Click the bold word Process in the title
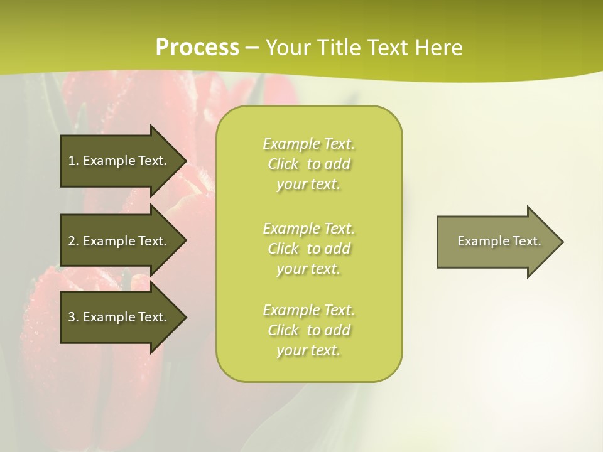tap(197, 48)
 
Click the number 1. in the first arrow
tap(73, 161)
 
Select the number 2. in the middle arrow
tap(73, 241)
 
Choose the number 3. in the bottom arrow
tap(73, 317)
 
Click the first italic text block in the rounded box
tap(308, 164)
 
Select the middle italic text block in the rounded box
tap(308, 249)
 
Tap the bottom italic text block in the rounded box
tap(308, 330)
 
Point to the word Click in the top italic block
tap(283, 164)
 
